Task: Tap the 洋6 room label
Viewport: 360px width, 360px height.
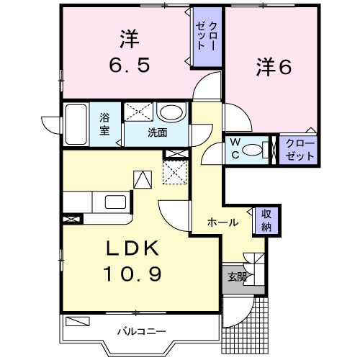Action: tap(273, 68)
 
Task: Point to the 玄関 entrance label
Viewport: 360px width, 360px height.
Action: tap(236, 276)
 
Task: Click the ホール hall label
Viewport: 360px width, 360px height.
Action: tap(223, 222)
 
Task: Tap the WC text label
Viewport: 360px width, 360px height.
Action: tap(235, 148)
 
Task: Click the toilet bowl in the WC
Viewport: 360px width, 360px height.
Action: tap(253, 150)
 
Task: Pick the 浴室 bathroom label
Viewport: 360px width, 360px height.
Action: tap(105, 125)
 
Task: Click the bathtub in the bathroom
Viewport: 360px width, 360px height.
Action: tap(75, 125)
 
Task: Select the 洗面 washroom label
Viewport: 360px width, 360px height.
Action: tap(157, 132)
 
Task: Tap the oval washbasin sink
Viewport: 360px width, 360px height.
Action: tap(171, 113)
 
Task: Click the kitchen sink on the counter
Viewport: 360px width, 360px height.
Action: tap(115, 202)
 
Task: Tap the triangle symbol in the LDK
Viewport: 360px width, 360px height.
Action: tap(143, 179)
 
